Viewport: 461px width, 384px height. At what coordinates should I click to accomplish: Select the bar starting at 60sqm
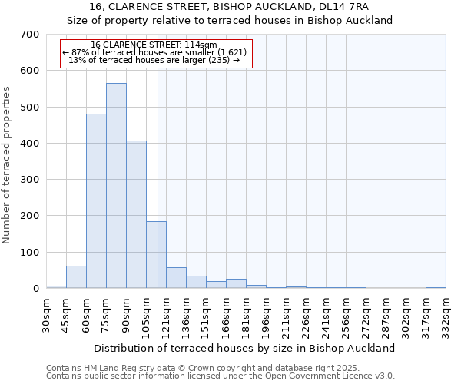[96, 201]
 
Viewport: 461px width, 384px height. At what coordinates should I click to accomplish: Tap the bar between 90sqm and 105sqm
[136, 214]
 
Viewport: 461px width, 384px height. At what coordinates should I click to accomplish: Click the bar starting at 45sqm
[76, 277]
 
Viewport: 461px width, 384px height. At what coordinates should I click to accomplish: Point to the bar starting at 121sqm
[176, 278]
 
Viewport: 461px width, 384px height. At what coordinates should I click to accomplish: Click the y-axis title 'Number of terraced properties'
[8, 164]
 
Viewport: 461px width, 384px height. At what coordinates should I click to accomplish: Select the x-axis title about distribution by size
[246, 348]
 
